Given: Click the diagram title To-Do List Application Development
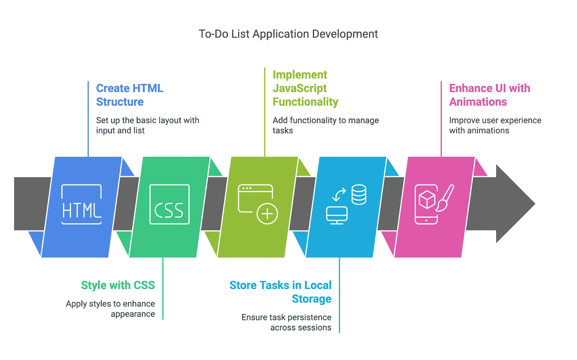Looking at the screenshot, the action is click(x=288, y=34).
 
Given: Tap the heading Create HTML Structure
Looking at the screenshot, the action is click(x=129, y=95).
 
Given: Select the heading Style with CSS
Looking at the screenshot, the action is click(x=118, y=285).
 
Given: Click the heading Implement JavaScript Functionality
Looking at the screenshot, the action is click(x=305, y=88).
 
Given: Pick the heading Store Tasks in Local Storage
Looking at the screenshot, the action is click(x=281, y=292).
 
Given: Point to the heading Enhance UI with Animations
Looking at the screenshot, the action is click(x=490, y=95).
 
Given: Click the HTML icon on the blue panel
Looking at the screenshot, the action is click(x=82, y=205).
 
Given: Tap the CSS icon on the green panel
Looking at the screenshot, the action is click(x=169, y=205).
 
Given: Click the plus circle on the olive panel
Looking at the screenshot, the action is click(x=267, y=214).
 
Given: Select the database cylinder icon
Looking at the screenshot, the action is click(x=359, y=194).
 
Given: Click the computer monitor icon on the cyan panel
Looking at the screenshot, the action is click(x=337, y=215).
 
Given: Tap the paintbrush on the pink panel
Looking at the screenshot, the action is click(x=445, y=198).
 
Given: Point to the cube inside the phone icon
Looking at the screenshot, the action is click(x=427, y=199).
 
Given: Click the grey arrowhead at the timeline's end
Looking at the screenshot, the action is click(x=515, y=203).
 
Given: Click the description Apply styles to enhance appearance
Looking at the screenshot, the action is click(x=110, y=309).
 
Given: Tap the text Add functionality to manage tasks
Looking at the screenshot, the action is click(x=326, y=126).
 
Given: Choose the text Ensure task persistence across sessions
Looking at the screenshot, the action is click(x=286, y=322).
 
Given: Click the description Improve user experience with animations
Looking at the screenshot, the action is click(x=495, y=126).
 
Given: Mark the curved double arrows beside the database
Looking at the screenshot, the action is click(x=339, y=194).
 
